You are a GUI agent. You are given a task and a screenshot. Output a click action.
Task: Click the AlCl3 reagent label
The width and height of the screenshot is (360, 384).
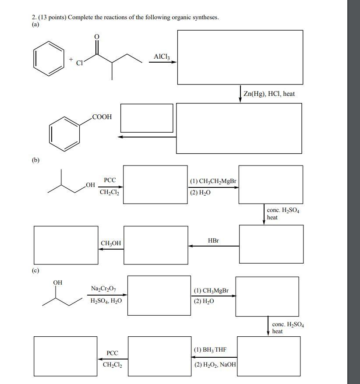162,57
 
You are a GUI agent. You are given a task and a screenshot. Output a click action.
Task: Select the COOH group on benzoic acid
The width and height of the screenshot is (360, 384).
102,117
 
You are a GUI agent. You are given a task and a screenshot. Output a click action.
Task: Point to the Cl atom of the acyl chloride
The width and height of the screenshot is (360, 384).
79,63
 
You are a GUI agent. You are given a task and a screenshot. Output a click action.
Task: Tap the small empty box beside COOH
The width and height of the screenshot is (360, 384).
147,118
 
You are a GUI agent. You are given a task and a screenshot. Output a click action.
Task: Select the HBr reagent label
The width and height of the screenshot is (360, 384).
213,241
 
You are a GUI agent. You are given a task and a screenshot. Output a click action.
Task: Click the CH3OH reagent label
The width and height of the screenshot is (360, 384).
111,243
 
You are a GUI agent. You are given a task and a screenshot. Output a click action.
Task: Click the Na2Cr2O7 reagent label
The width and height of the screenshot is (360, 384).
103,289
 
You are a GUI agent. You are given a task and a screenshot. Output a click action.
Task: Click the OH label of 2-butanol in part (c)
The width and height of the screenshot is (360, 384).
57,283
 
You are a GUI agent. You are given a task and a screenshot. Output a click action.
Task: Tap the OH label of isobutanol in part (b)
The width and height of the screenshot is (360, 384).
90,186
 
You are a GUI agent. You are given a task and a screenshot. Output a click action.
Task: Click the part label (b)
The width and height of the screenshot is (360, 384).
35,160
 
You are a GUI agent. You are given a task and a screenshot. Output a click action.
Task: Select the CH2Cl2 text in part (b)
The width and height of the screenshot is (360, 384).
109,192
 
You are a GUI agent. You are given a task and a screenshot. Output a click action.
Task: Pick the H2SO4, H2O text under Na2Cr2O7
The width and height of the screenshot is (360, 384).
106,301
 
